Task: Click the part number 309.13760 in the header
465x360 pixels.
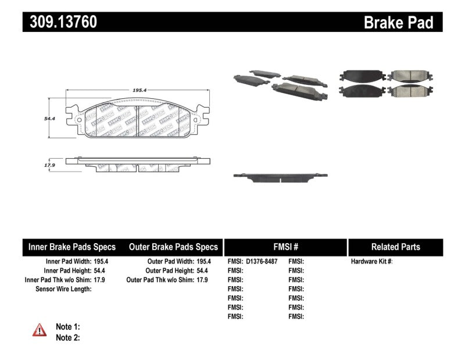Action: coord(60,22)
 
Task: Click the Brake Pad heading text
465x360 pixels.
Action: coord(398,23)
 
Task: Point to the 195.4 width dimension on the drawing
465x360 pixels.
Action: coord(138,91)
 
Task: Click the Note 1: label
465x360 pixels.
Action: coord(67,327)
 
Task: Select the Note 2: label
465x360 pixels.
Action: coord(67,337)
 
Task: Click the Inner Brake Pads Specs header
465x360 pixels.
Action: coord(72,247)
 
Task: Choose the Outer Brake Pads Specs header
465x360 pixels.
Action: coord(173,247)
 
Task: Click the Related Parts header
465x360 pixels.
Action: coord(395,247)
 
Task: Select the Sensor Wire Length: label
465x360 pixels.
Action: coord(63,289)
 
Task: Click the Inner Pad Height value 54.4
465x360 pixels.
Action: coord(102,271)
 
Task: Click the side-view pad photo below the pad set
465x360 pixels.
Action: coord(276,176)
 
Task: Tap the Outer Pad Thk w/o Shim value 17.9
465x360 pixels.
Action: coord(202,280)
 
